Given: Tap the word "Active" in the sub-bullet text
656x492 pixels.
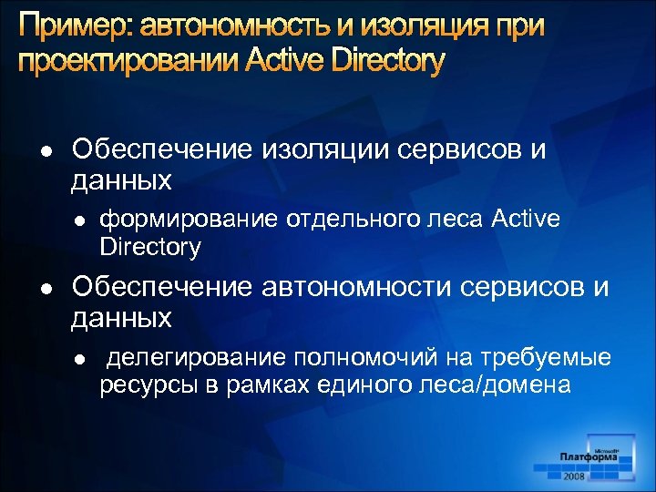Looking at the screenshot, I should (x=526, y=219).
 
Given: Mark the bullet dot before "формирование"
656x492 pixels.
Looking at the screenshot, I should (x=79, y=220).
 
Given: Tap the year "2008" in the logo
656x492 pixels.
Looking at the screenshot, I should (x=575, y=476).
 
